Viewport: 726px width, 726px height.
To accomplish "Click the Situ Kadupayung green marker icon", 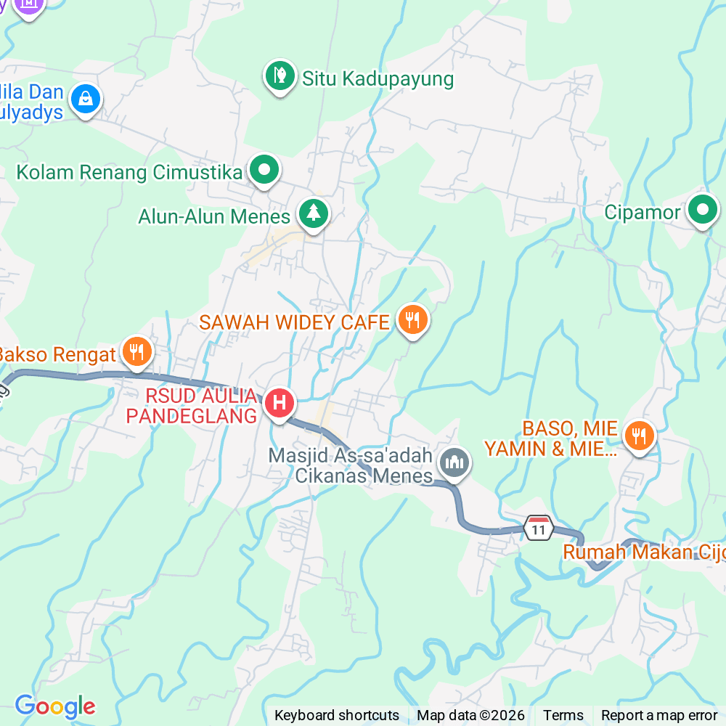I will (280, 75).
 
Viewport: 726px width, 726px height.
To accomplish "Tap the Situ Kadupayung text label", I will (378, 78).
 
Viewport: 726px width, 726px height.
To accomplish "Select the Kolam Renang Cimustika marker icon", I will (264, 171).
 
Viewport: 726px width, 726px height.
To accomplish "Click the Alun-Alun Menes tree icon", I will (313, 213).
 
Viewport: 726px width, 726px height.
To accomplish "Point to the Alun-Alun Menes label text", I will (214, 216).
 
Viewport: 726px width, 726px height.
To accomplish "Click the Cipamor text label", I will (643, 212).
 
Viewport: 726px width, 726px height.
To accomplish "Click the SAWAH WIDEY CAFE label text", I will (294, 322).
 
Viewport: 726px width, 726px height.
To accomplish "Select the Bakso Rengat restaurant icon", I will (136, 352).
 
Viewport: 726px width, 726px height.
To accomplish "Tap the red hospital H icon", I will (280, 402).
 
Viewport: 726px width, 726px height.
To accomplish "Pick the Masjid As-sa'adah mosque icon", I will (455, 462).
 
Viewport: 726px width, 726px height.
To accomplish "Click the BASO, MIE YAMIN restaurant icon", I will (638, 436).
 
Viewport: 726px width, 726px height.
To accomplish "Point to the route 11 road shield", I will (538, 529).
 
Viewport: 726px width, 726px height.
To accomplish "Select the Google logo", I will (55, 706).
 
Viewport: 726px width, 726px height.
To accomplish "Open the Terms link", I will (563, 715).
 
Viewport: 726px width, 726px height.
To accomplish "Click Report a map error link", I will (658, 715).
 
